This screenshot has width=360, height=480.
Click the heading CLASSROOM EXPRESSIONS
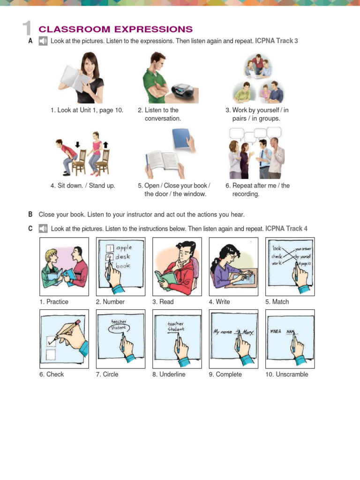click(115, 29)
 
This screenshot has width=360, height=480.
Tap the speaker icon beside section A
click(43, 41)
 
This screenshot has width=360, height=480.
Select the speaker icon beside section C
click(43, 229)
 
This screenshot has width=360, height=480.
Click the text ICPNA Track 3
click(277, 41)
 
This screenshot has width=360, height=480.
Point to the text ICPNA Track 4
click(286, 229)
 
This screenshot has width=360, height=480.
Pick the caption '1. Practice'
click(54, 302)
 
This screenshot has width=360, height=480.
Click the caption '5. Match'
click(277, 302)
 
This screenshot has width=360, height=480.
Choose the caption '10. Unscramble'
click(287, 375)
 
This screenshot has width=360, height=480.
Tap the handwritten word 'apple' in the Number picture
click(124, 247)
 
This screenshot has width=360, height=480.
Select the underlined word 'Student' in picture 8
click(176, 329)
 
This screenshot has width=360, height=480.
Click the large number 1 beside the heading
click(27, 29)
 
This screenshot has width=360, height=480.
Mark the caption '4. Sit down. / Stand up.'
click(82, 186)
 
